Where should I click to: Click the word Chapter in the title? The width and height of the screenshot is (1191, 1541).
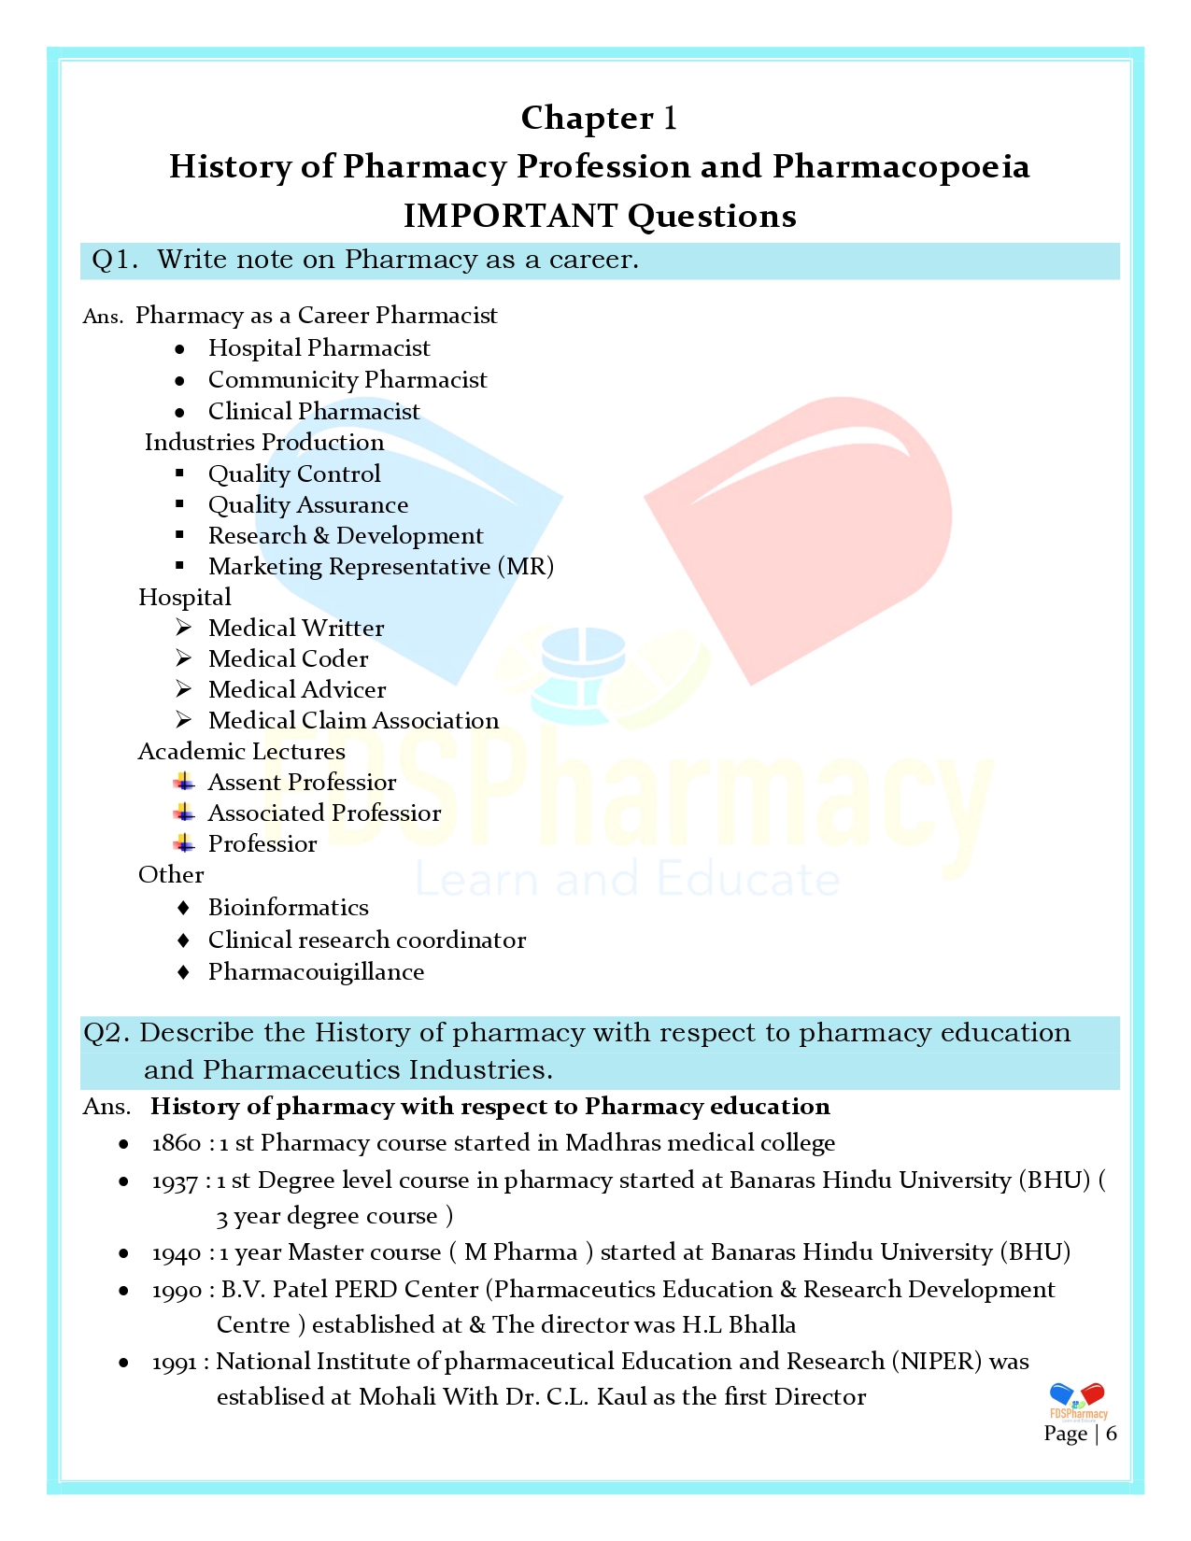587,119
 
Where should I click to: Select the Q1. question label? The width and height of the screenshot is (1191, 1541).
114,260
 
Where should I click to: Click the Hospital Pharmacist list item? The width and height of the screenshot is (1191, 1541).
319,348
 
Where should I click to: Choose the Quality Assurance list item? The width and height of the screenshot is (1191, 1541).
308,505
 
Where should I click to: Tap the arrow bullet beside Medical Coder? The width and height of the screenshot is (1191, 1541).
184,658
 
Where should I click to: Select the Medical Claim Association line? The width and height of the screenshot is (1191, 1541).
353,721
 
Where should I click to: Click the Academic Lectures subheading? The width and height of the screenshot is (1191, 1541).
241,752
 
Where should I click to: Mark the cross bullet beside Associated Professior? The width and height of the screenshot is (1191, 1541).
184,813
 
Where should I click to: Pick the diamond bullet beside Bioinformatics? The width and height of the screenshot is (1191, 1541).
184,908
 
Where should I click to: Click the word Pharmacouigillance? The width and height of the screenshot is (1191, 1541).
316,972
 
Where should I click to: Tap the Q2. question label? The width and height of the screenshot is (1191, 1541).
106,1033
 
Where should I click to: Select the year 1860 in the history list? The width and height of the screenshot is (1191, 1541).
177,1143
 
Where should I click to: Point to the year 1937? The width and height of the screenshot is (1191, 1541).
175,1181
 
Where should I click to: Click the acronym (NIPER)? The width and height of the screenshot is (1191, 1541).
937,1362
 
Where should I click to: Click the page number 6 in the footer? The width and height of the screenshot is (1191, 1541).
1111,1434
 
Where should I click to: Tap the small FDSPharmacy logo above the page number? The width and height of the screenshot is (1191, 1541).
1078,1402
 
